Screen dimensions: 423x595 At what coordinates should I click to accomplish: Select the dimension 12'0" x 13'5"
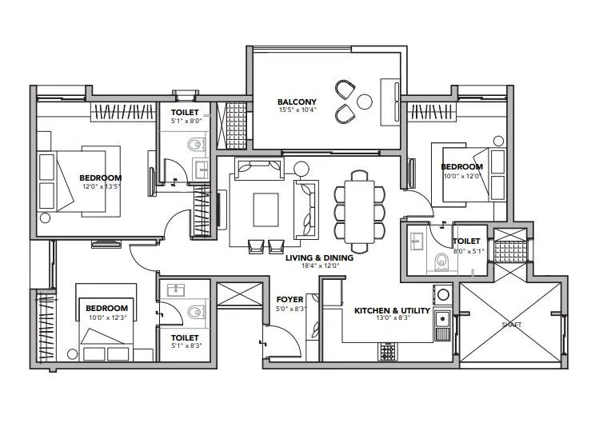point(100,186)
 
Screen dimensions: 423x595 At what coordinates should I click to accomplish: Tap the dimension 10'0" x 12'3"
point(106,318)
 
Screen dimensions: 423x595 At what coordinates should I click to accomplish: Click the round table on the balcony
point(365,102)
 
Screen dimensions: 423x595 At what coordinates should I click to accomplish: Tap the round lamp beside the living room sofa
point(301,168)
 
